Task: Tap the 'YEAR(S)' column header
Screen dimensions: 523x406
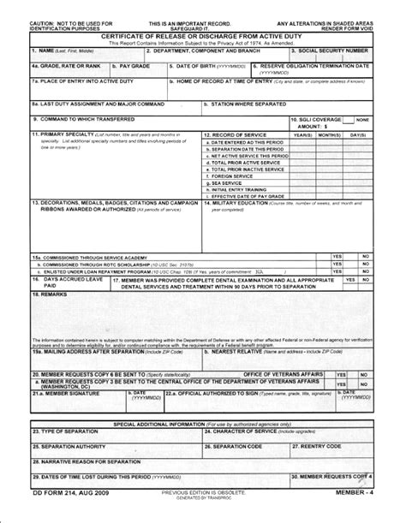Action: (x=302, y=134)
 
